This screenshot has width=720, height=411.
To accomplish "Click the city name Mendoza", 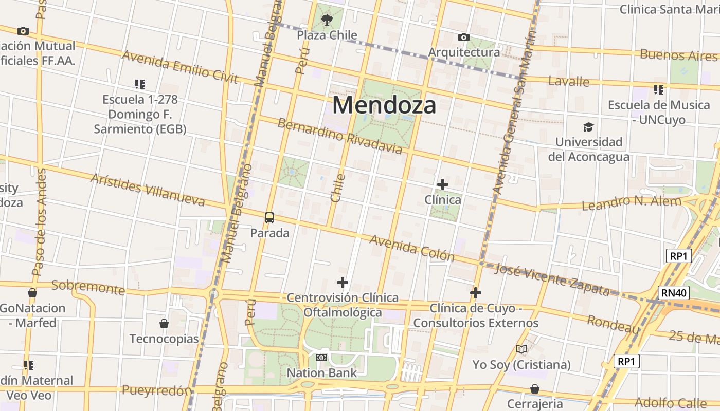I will coord(384,105).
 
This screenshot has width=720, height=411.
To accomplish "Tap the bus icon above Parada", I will coord(269,218).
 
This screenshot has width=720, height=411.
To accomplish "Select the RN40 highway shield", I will coord(673,293).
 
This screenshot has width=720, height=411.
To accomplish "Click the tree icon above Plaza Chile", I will coord(327,20).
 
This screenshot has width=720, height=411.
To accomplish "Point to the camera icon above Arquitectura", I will coord(463,38).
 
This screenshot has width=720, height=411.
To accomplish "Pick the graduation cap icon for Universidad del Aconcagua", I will coord(588,127).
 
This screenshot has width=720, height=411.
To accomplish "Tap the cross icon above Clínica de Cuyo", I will coord(476,293).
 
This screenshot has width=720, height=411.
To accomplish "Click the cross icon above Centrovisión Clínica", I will coord(343,283).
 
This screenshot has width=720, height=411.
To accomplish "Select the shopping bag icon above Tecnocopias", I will coord(164,324).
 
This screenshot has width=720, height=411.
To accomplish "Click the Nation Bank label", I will coord(321,372).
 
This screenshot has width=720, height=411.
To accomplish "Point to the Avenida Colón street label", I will coord(412,248).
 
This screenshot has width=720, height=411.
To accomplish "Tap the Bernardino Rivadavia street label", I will coord(340,136).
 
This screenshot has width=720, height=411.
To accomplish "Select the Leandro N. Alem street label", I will coord(631,202).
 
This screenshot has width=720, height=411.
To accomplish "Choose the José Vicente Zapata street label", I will coord(552,279).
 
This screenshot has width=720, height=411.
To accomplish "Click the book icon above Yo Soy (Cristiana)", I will coord(521,349).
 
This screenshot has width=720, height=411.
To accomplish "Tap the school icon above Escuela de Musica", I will coord(659,90).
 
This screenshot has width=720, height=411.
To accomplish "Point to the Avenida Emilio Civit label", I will coord(180,67).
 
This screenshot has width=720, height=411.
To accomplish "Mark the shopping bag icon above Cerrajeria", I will coord(535,389).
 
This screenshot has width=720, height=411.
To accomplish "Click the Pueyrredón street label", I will coord(157,390).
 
